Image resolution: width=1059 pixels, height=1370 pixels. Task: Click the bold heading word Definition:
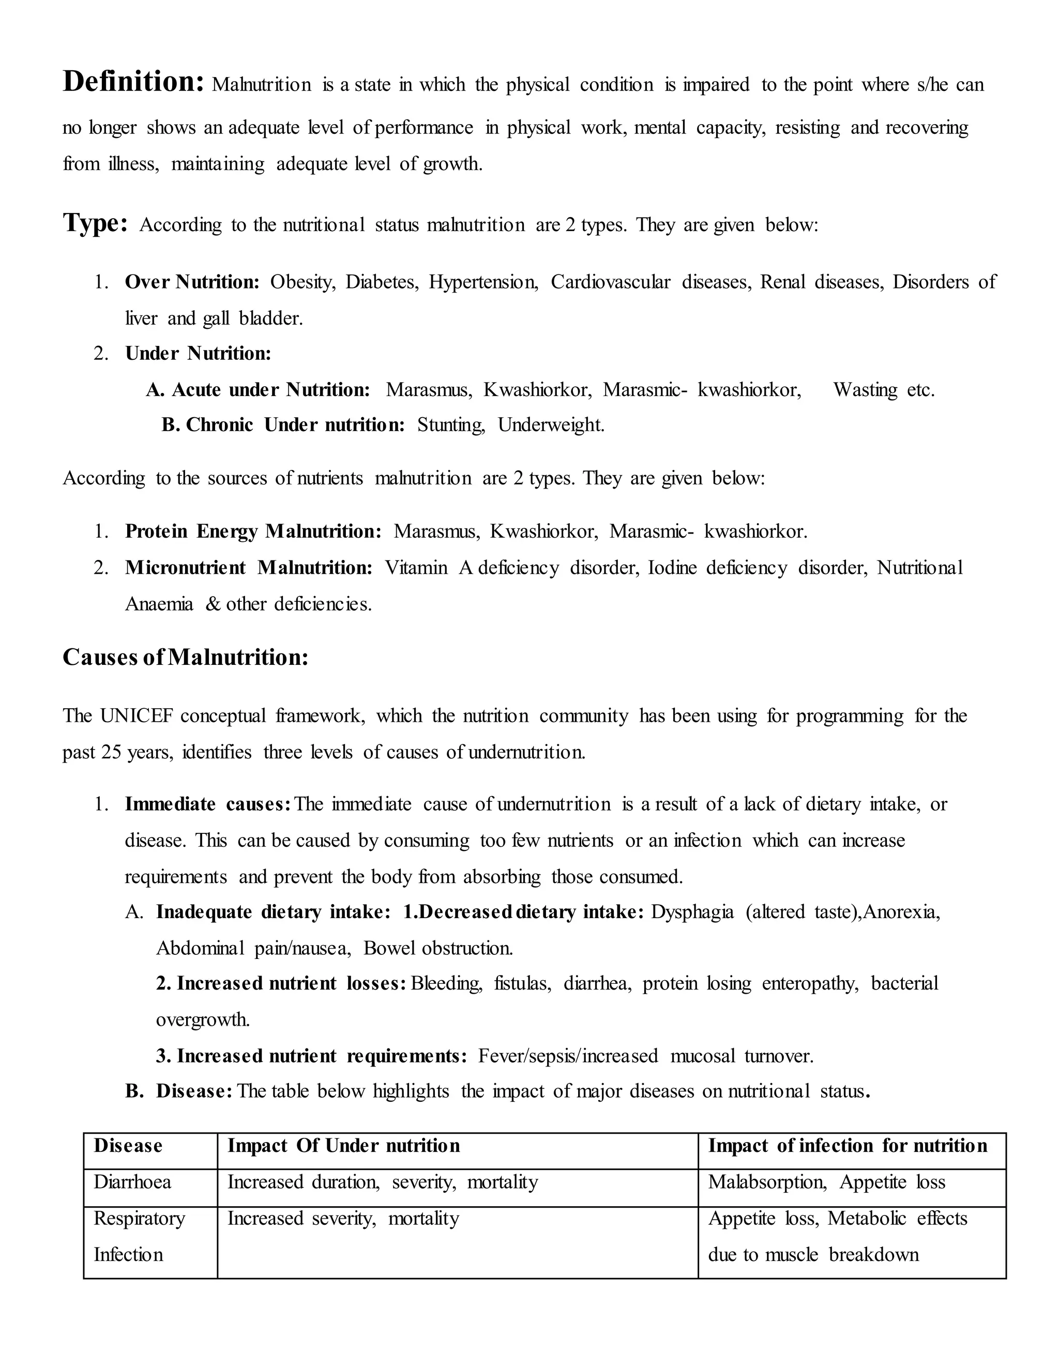coord(133,82)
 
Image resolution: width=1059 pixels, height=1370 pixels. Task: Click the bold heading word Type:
coord(95,223)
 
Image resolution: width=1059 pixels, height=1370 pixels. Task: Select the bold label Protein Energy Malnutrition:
coord(253,531)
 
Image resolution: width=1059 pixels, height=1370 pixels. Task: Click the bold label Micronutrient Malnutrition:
coord(248,568)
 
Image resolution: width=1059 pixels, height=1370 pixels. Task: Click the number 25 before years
coord(111,752)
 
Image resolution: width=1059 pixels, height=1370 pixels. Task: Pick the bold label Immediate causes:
coord(208,804)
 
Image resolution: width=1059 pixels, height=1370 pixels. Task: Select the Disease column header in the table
coord(128,1146)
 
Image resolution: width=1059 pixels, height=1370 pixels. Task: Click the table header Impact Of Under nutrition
coord(343,1146)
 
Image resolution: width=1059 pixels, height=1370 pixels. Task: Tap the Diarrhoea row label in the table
coord(132,1182)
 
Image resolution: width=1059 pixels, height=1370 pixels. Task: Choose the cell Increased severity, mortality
coord(343,1218)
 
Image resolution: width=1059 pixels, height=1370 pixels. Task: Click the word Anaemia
coord(159,604)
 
